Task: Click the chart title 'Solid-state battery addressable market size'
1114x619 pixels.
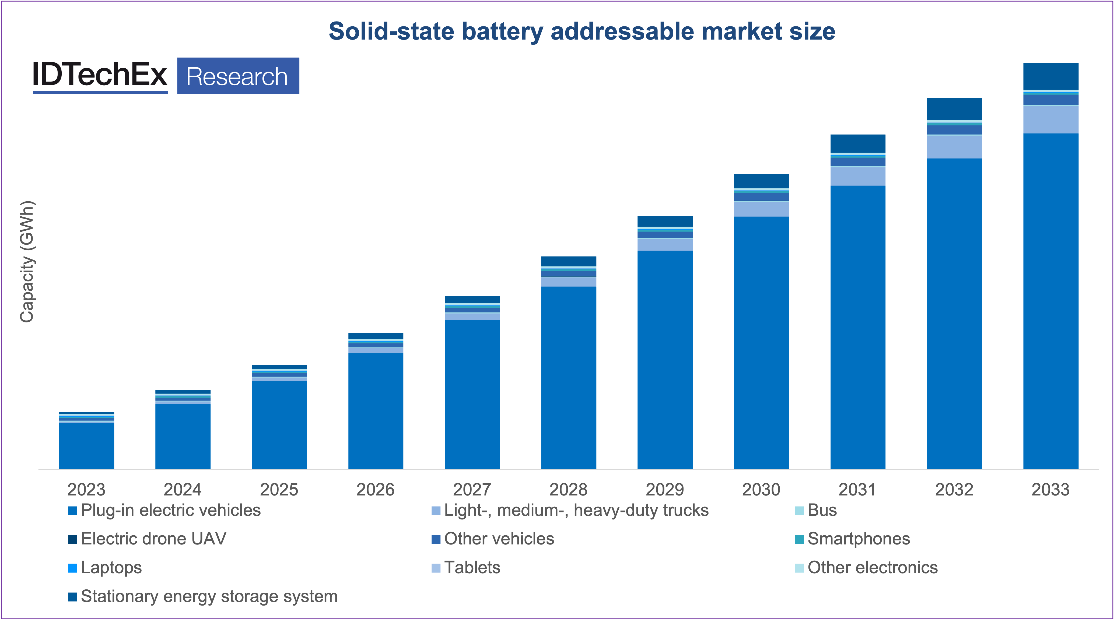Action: click(x=582, y=31)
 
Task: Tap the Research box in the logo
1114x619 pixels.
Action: click(x=238, y=76)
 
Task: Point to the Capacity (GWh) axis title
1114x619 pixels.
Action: click(x=27, y=262)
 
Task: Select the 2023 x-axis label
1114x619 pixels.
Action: click(x=86, y=489)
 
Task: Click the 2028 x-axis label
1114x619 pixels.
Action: click(x=568, y=489)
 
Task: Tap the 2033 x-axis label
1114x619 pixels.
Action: click(x=1050, y=489)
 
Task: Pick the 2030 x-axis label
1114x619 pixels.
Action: click(x=761, y=489)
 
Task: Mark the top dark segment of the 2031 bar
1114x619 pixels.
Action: click(x=857, y=143)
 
